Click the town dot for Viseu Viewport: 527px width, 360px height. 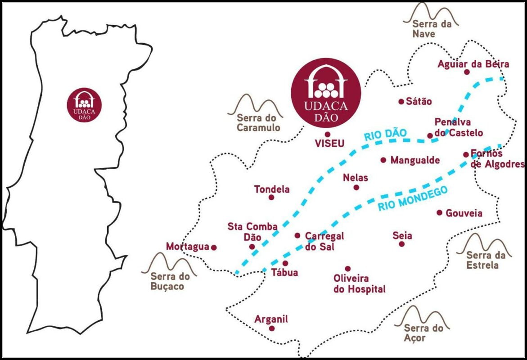[x=328, y=134]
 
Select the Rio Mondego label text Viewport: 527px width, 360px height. [x=413, y=199]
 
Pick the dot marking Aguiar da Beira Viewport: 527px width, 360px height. [x=467, y=72]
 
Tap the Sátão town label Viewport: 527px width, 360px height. [x=419, y=101]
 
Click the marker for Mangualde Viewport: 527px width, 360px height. [x=383, y=160]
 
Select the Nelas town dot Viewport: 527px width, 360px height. [x=356, y=187]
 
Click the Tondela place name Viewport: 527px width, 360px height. [x=272, y=189]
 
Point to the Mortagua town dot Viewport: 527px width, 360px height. [x=214, y=247]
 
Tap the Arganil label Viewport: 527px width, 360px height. [x=271, y=319]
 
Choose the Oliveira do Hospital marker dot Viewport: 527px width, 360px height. [x=347, y=269]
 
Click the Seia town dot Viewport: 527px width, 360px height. [x=402, y=244]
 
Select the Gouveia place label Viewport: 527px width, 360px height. [x=464, y=213]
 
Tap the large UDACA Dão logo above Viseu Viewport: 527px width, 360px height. [x=326, y=94]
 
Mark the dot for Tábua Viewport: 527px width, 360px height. [x=285, y=263]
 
